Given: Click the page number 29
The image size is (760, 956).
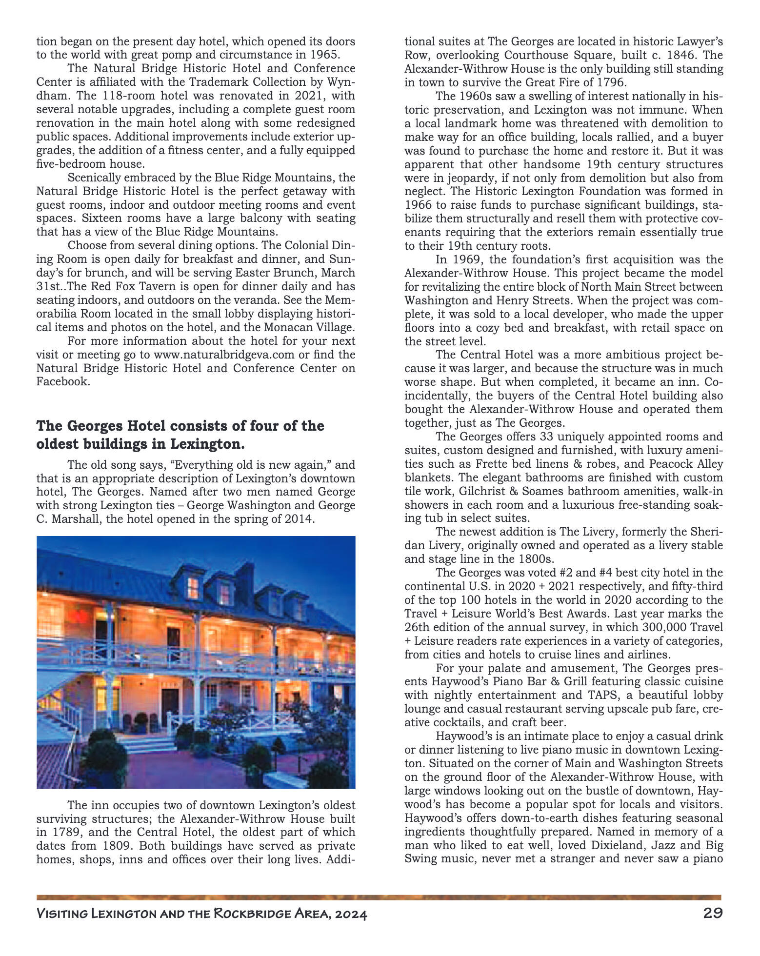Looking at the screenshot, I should pyautogui.click(x=713, y=913).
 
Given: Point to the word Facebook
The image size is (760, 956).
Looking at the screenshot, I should pyautogui.click(x=62, y=381).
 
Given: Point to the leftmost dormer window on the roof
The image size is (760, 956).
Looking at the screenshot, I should pyautogui.click(x=193, y=585).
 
